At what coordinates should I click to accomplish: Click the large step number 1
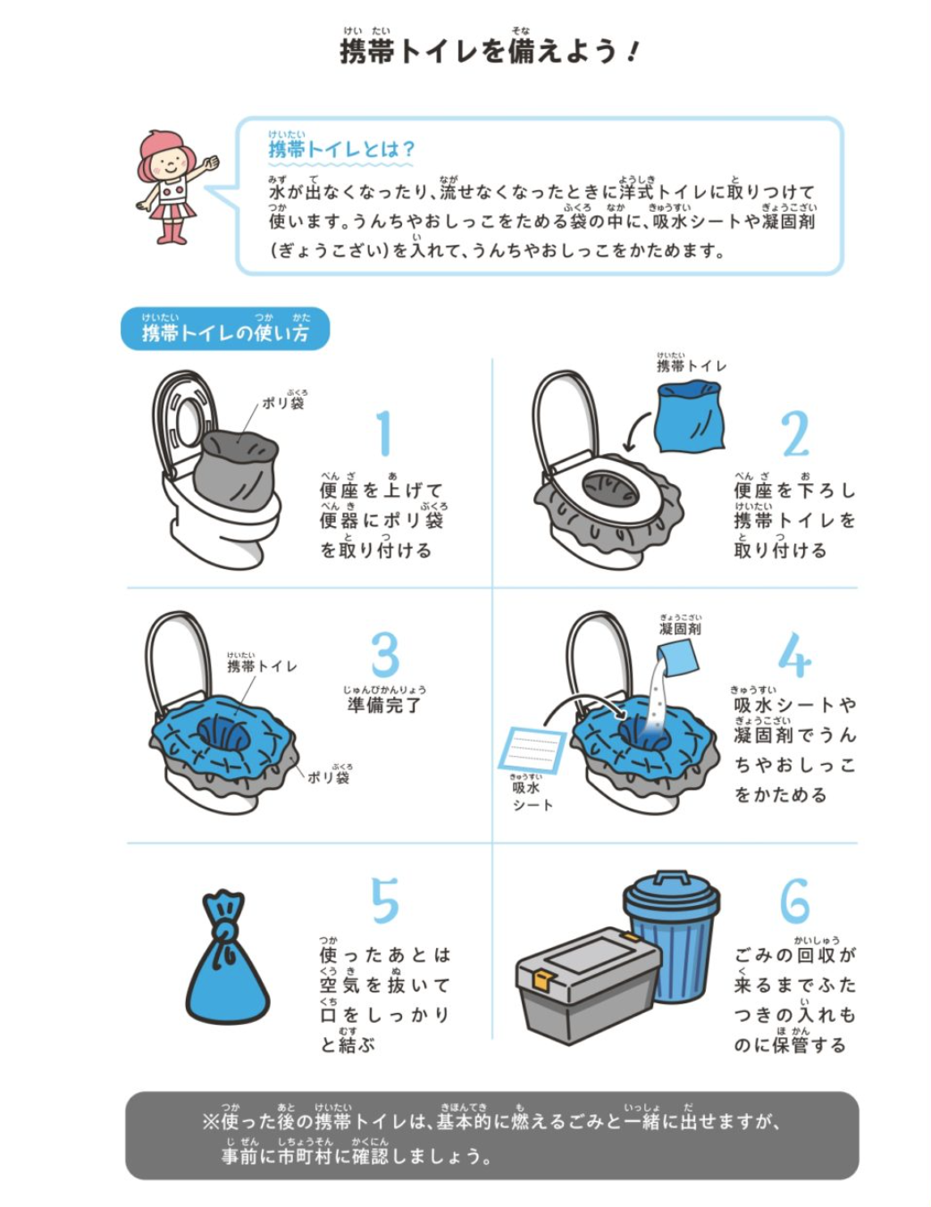pyautogui.click(x=384, y=434)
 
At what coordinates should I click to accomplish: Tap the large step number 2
pyautogui.click(x=795, y=434)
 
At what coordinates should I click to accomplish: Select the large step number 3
pyautogui.click(x=385, y=655)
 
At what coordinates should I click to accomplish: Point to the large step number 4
pyautogui.click(x=794, y=655)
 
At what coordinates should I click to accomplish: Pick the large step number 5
pyautogui.click(x=385, y=901)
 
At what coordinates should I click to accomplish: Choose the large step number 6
pyautogui.click(x=795, y=901)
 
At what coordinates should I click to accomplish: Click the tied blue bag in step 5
pyautogui.click(x=227, y=957)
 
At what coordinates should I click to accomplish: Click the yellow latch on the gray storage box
pyautogui.click(x=544, y=980)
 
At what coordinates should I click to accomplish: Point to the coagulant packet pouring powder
pyautogui.click(x=677, y=658)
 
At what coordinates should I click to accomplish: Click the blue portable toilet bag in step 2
pyautogui.click(x=689, y=416)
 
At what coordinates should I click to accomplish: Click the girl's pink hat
pyautogui.click(x=167, y=146)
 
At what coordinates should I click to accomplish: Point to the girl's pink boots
pyautogui.click(x=172, y=232)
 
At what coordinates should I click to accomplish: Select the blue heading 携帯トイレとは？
pyautogui.click(x=341, y=149)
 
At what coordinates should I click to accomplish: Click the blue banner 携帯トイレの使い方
pyautogui.click(x=225, y=329)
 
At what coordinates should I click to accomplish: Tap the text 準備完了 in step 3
pyautogui.click(x=384, y=705)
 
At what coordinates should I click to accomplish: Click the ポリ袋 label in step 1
pyautogui.click(x=283, y=402)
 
